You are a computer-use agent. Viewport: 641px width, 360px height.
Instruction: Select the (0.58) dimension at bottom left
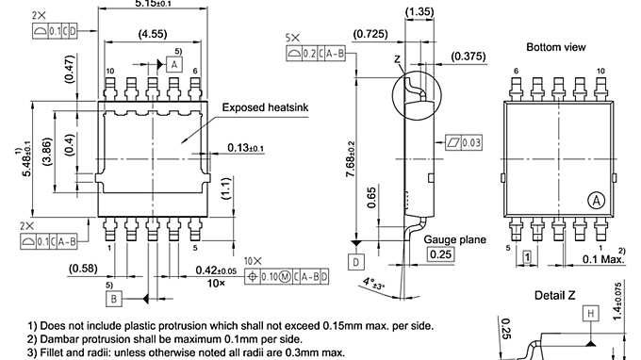tap(83, 270)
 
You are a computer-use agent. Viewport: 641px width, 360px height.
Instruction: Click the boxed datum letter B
tap(114, 299)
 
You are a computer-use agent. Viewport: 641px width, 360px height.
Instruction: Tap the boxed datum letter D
tap(355, 260)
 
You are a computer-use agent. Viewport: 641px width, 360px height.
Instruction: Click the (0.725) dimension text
tap(369, 36)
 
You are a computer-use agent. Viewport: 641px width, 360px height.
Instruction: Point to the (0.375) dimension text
tap(468, 57)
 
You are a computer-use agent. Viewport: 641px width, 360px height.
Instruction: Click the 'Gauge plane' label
tap(454, 239)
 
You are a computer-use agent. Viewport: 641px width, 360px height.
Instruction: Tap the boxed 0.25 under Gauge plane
tap(439, 254)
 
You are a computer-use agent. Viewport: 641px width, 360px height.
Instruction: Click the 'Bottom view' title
tap(556, 46)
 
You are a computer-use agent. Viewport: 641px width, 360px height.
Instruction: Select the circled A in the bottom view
tap(597, 200)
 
